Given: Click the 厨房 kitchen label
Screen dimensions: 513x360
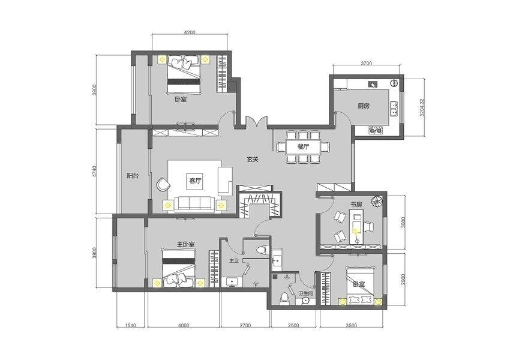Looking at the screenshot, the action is pyautogui.click(x=364, y=106).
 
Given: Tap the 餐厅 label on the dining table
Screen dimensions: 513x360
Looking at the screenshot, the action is pyautogui.click(x=303, y=146).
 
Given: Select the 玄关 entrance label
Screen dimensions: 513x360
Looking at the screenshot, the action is pyautogui.click(x=253, y=160).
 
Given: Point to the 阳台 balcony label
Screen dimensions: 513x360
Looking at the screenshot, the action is pyautogui.click(x=133, y=176).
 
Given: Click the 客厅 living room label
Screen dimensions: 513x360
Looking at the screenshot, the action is pyautogui.click(x=196, y=181).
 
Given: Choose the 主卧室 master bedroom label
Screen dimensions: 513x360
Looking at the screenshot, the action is pyautogui.click(x=186, y=244).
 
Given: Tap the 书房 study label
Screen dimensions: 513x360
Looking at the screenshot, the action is pyautogui.click(x=356, y=205).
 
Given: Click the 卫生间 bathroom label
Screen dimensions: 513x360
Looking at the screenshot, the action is pyautogui.click(x=306, y=293).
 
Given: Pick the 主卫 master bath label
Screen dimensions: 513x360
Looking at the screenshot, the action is pyautogui.click(x=233, y=261).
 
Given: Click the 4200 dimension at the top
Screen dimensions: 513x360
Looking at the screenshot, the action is pyautogui.click(x=190, y=32).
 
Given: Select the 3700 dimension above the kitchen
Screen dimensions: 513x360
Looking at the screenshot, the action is pyautogui.click(x=366, y=63).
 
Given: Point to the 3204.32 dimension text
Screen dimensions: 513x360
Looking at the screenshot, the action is pyautogui.click(x=422, y=107).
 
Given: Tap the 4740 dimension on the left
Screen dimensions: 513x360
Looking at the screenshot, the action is pyautogui.click(x=95, y=172).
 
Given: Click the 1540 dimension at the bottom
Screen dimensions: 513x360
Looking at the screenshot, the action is pyautogui.click(x=131, y=325).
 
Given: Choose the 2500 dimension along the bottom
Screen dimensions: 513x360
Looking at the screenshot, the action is pyautogui.click(x=293, y=325).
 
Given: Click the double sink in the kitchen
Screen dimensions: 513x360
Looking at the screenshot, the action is pyautogui.click(x=394, y=109).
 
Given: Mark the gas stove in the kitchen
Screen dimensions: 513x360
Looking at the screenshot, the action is pyautogui.click(x=376, y=130).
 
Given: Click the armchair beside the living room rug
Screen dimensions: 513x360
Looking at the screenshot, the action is pyautogui.click(x=163, y=184).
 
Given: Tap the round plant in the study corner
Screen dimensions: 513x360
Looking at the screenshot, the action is pyautogui.click(x=377, y=201).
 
